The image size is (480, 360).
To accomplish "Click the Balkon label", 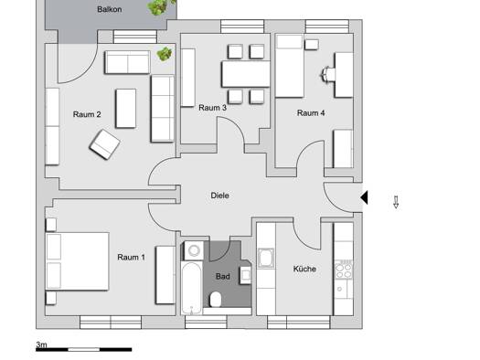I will click(x=111, y=9).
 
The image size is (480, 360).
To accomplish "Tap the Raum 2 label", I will click(x=87, y=114).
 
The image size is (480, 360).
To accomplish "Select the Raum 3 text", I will click(x=212, y=108).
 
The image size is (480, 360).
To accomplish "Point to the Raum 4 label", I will click(x=310, y=113).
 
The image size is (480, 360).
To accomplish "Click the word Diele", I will click(x=219, y=196).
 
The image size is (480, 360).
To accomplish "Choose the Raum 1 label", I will click(x=131, y=258).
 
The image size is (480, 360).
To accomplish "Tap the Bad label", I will click(x=223, y=275).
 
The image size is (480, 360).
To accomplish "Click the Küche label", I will click(x=304, y=269).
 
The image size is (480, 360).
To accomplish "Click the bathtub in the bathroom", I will click(x=193, y=279).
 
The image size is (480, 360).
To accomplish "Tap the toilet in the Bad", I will click(x=218, y=300).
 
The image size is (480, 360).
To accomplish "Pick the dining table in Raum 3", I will click(x=245, y=73).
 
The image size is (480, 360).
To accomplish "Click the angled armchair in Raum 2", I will click(x=104, y=143).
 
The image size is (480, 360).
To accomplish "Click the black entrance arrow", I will click(x=364, y=197).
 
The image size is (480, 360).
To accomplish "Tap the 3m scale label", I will click(x=41, y=344).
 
